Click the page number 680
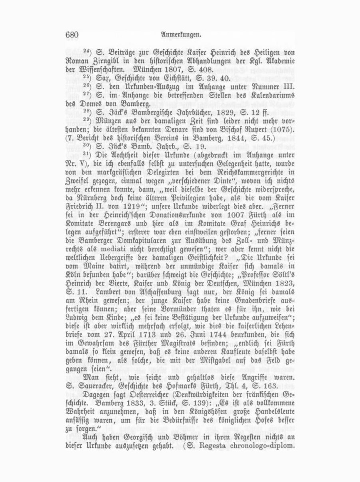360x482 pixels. [72, 35]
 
